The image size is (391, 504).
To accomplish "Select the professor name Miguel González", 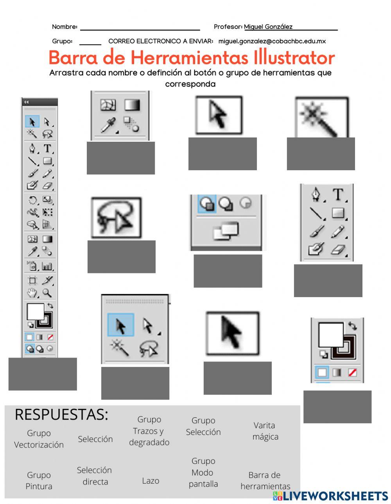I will point(268,27).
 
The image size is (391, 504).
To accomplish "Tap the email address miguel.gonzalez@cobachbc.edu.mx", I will point(272,41).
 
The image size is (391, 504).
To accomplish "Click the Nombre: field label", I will point(65,27).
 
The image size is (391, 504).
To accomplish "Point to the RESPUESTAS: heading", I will point(61,415).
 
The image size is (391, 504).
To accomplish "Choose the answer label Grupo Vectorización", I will point(39,439).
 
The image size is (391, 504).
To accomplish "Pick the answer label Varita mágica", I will point(265,431).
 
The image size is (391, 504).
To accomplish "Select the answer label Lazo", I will point(151,481).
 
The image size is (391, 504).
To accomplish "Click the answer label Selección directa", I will point(95,476).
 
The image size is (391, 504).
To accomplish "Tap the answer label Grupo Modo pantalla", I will point(203,472).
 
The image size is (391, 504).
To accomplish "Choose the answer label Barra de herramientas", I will point(265,481).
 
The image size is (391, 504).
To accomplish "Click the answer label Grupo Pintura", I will point(39,481).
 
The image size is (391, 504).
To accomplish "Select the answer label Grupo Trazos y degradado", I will point(149,431).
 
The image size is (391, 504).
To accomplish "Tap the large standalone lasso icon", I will point(116,218).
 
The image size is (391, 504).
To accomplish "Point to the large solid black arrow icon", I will point(232,333).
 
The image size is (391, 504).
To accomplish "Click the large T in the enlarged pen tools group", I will point(338,194).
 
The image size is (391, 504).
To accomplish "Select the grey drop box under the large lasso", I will point(121,256).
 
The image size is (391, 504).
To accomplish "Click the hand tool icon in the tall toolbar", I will point(32,293).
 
